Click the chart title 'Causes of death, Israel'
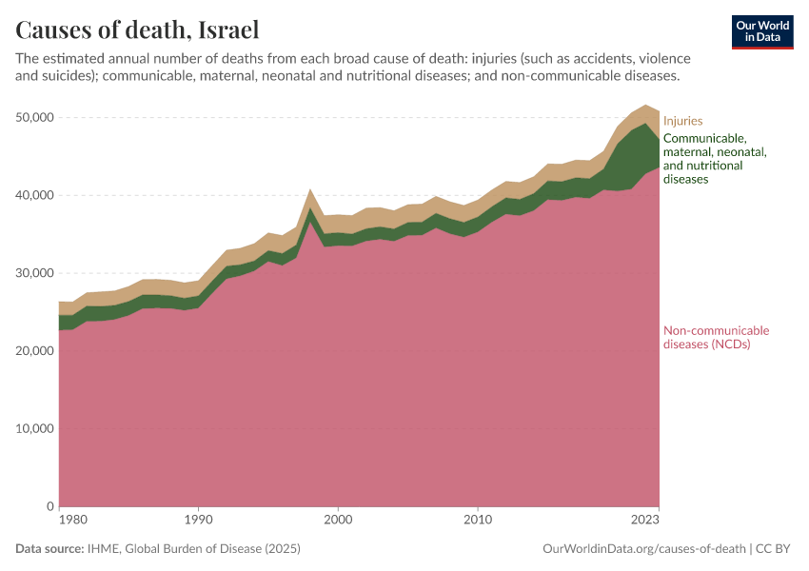pos(137,30)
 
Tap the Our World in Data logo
pos(761,31)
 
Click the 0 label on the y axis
pos(49,506)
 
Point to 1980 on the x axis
pos(59,520)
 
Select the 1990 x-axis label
pos(198,520)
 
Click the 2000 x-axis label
pos(338,520)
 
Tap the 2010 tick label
pos(478,520)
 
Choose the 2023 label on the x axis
pos(645,520)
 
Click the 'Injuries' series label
pos(682,121)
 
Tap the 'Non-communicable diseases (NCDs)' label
pos(716,338)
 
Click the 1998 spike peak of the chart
pos(310,190)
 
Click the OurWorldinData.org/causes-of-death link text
pos(642,549)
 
